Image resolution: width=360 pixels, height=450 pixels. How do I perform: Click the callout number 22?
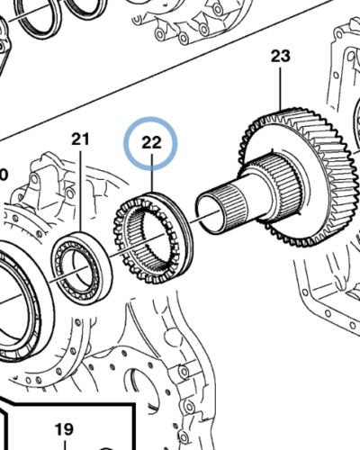151,143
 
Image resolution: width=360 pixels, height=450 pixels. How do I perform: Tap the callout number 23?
281,56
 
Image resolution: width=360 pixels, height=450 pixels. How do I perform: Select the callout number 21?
80,139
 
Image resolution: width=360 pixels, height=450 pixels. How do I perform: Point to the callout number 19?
64,429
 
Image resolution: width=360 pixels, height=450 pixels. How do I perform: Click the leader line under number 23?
281,89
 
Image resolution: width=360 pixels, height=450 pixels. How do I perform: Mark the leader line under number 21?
80,191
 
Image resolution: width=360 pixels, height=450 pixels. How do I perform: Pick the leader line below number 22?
152,173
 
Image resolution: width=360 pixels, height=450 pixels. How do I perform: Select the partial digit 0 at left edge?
4,175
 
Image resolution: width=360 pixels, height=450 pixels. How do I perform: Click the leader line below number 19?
65,445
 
